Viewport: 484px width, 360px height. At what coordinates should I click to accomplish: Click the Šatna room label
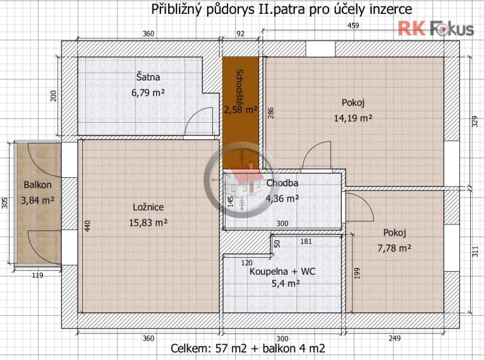coord(148,77)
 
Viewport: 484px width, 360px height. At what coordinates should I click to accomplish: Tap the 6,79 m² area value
coord(148,93)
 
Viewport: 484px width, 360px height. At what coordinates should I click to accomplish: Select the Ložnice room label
coord(148,207)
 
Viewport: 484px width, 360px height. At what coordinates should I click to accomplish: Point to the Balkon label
coord(38,185)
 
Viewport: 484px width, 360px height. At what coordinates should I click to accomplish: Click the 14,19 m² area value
coord(353,117)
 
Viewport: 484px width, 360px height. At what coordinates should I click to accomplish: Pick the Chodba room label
coord(282,183)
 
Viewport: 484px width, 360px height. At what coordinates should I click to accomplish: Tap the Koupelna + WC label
coord(283,272)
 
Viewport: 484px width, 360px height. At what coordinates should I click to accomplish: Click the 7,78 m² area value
coord(394,248)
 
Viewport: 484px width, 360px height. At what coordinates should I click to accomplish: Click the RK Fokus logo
coord(436,28)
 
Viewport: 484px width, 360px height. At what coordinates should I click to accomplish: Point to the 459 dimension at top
coord(353,25)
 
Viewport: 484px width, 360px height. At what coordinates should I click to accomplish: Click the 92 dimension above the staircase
coord(240,34)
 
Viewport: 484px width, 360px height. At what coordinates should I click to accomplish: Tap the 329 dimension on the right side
coord(475,121)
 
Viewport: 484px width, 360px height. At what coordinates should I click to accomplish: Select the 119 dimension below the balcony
coord(38,275)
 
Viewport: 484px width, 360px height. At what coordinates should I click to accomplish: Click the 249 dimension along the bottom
coord(394,338)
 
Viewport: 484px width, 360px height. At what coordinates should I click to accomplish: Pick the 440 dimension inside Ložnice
coord(88,226)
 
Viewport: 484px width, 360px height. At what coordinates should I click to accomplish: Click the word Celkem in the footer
coord(189,349)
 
